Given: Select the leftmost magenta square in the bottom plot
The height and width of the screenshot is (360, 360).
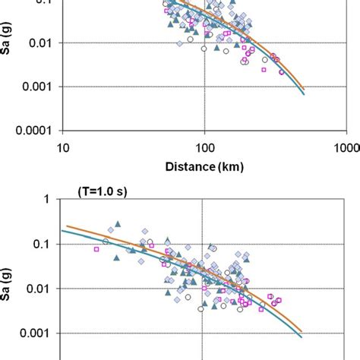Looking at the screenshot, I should coord(96,249).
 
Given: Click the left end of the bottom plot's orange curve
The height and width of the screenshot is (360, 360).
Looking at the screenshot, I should coord(68,226).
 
